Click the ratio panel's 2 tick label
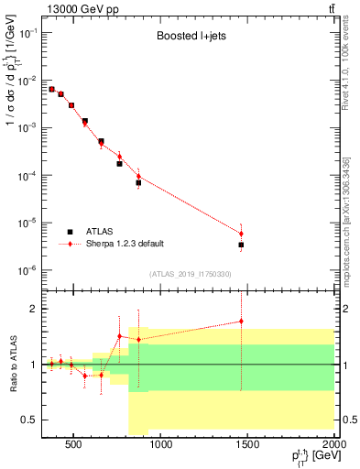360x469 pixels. (32, 309)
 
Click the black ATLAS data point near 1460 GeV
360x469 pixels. (241, 245)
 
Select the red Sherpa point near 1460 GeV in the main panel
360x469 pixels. (241, 234)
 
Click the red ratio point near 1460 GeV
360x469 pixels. (241, 322)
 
